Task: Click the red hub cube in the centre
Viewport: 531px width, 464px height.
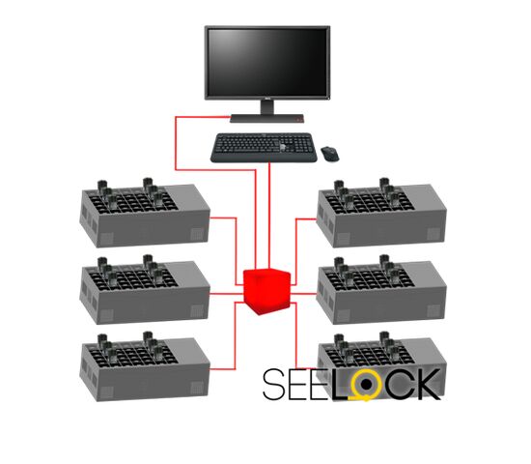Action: [x=267, y=291]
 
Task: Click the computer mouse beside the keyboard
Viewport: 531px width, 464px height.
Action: [x=331, y=154]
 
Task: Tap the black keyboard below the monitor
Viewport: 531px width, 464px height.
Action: [x=264, y=148]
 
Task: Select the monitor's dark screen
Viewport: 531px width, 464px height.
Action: [x=267, y=62]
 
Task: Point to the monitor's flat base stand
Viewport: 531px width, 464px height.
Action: [x=266, y=118]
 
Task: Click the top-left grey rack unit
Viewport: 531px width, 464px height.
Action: [x=145, y=213]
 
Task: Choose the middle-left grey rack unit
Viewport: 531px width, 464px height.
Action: [x=145, y=290]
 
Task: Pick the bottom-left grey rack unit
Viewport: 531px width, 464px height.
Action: [x=145, y=367]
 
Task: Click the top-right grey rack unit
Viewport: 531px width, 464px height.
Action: [x=381, y=213]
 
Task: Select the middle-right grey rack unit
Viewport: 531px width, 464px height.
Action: [x=381, y=290]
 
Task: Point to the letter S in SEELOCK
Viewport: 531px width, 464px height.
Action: [x=273, y=384]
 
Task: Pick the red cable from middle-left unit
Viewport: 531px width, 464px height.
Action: [x=227, y=294]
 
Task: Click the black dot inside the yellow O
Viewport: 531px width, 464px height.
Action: [x=366, y=385]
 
